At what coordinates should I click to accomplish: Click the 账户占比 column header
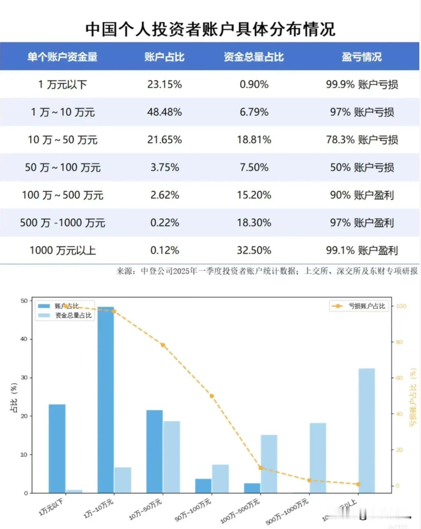tap(164, 57)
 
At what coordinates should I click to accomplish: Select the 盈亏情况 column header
tap(362, 57)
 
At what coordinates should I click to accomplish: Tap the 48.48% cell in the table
tap(164, 112)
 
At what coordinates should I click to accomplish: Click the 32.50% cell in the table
tap(254, 250)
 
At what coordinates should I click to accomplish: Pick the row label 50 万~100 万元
tap(63, 167)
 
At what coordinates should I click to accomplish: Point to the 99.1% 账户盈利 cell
tap(362, 250)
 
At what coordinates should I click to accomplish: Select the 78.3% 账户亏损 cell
tap(362, 140)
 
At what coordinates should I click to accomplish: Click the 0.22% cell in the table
tap(164, 223)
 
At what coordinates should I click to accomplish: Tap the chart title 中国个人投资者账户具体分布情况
tap(210, 29)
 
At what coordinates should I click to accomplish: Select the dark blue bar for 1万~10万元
tap(106, 400)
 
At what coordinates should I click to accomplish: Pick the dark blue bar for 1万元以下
tap(57, 448)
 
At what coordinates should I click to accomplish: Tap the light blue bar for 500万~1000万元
tap(318, 458)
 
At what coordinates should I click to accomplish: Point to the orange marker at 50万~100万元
tap(212, 396)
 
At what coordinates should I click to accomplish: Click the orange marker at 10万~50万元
tap(163, 345)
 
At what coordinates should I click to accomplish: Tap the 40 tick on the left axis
tap(24, 339)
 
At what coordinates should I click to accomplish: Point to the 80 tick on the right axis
tap(399, 342)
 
